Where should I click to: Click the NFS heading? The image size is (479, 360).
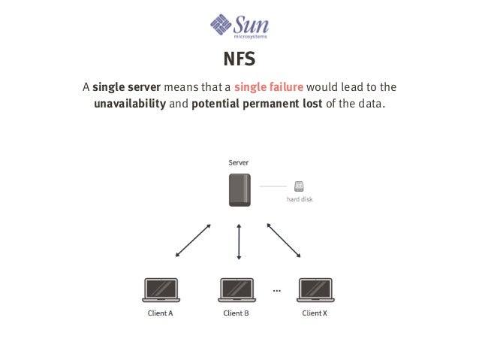(x=239, y=59)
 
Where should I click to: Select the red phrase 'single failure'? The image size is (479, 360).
(x=266, y=86)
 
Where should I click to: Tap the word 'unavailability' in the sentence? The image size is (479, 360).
(x=129, y=104)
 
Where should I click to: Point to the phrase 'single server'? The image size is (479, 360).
(x=126, y=86)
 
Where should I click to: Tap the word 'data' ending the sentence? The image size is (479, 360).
(x=369, y=104)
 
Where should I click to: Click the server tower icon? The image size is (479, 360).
(x=239, y=190)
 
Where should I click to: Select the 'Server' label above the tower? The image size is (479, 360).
(x=239, y=162)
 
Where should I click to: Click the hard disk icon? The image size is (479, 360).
(x=300, y=186)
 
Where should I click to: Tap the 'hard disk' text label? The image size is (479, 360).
(x=300, y=200)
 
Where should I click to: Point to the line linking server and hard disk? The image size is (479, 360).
(x=273, y=186)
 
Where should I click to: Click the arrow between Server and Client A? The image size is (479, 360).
(x=193, y=241)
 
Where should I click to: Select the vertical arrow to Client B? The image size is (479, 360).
(x=239, y=241)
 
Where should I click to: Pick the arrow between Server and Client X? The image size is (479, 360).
(x=285, y=241)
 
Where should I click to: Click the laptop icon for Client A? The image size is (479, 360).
(x=161, y=290)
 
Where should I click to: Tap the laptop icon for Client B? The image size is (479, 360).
(x=238, y=290)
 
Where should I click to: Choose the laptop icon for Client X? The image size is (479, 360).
(x=315, y=290)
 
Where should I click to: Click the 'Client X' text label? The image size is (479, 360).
(x=315, y=313)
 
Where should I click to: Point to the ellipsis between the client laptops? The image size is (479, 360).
(x=276, y=290)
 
